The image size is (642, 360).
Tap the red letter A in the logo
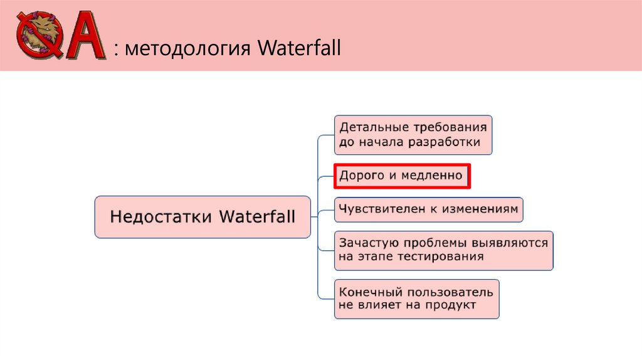84,37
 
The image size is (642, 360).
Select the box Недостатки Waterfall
203,217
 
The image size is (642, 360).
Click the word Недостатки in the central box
162,217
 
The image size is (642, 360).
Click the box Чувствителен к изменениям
429,209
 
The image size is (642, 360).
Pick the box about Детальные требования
413,134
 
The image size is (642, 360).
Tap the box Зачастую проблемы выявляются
443,250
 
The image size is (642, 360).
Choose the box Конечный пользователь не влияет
416,299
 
